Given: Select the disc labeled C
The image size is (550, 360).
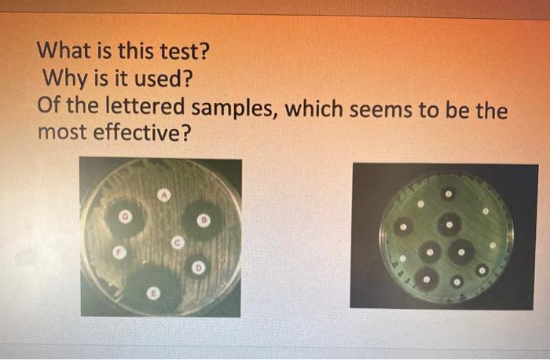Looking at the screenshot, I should coord(178,244).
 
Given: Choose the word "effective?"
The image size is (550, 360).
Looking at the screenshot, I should coord(141,132).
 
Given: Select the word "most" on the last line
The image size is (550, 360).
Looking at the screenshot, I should coord(63,132).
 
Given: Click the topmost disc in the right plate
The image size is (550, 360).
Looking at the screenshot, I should coord(448,193).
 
